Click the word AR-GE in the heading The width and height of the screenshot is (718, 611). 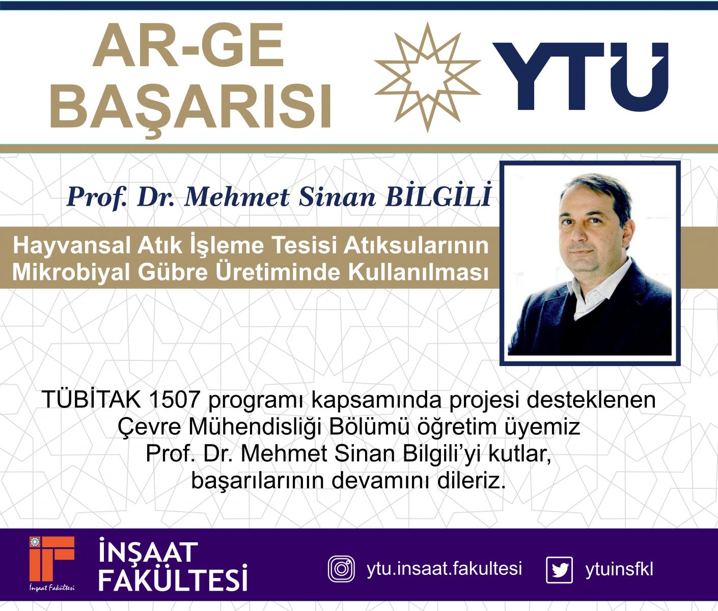[188, 45]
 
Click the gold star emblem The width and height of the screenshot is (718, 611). [428, 77]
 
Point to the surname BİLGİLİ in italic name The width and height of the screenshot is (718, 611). [438, 196]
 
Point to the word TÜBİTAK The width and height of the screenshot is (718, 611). [92, 400]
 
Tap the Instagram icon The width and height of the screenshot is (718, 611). [342, 569]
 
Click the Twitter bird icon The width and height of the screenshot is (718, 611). [559, 570]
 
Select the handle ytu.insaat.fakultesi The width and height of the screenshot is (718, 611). [444, 569]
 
